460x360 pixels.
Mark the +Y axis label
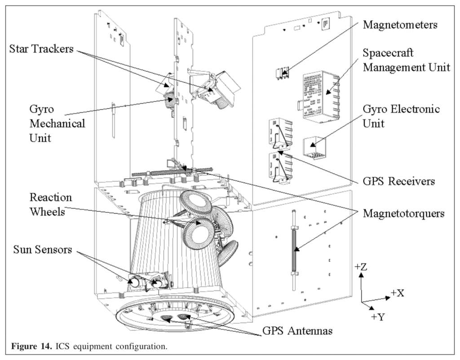click(x=379, y=316)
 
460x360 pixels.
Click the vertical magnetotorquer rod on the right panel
click(x=294, y=249)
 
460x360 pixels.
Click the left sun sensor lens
click(x=134, y=282)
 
